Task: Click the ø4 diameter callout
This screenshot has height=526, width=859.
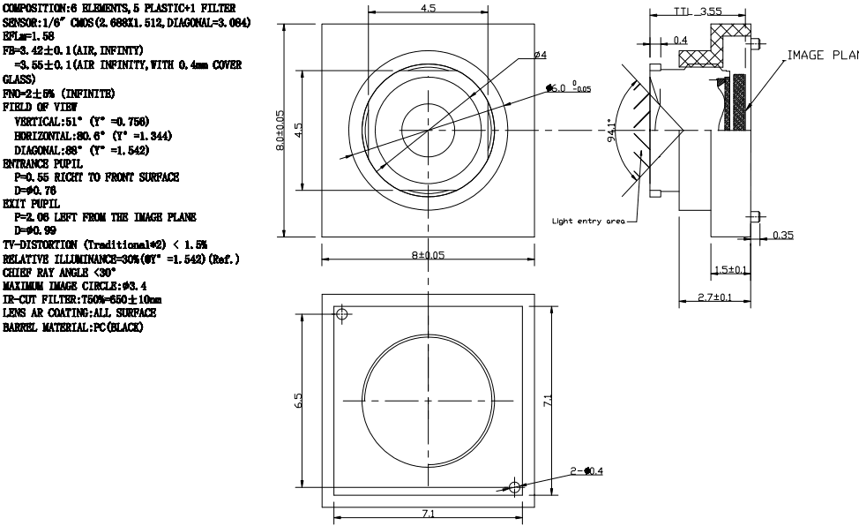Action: (x=541, y=55)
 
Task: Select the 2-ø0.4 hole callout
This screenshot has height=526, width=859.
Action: (x=586, y=472)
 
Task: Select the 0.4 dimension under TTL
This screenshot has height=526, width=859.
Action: (x=680, y=40)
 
